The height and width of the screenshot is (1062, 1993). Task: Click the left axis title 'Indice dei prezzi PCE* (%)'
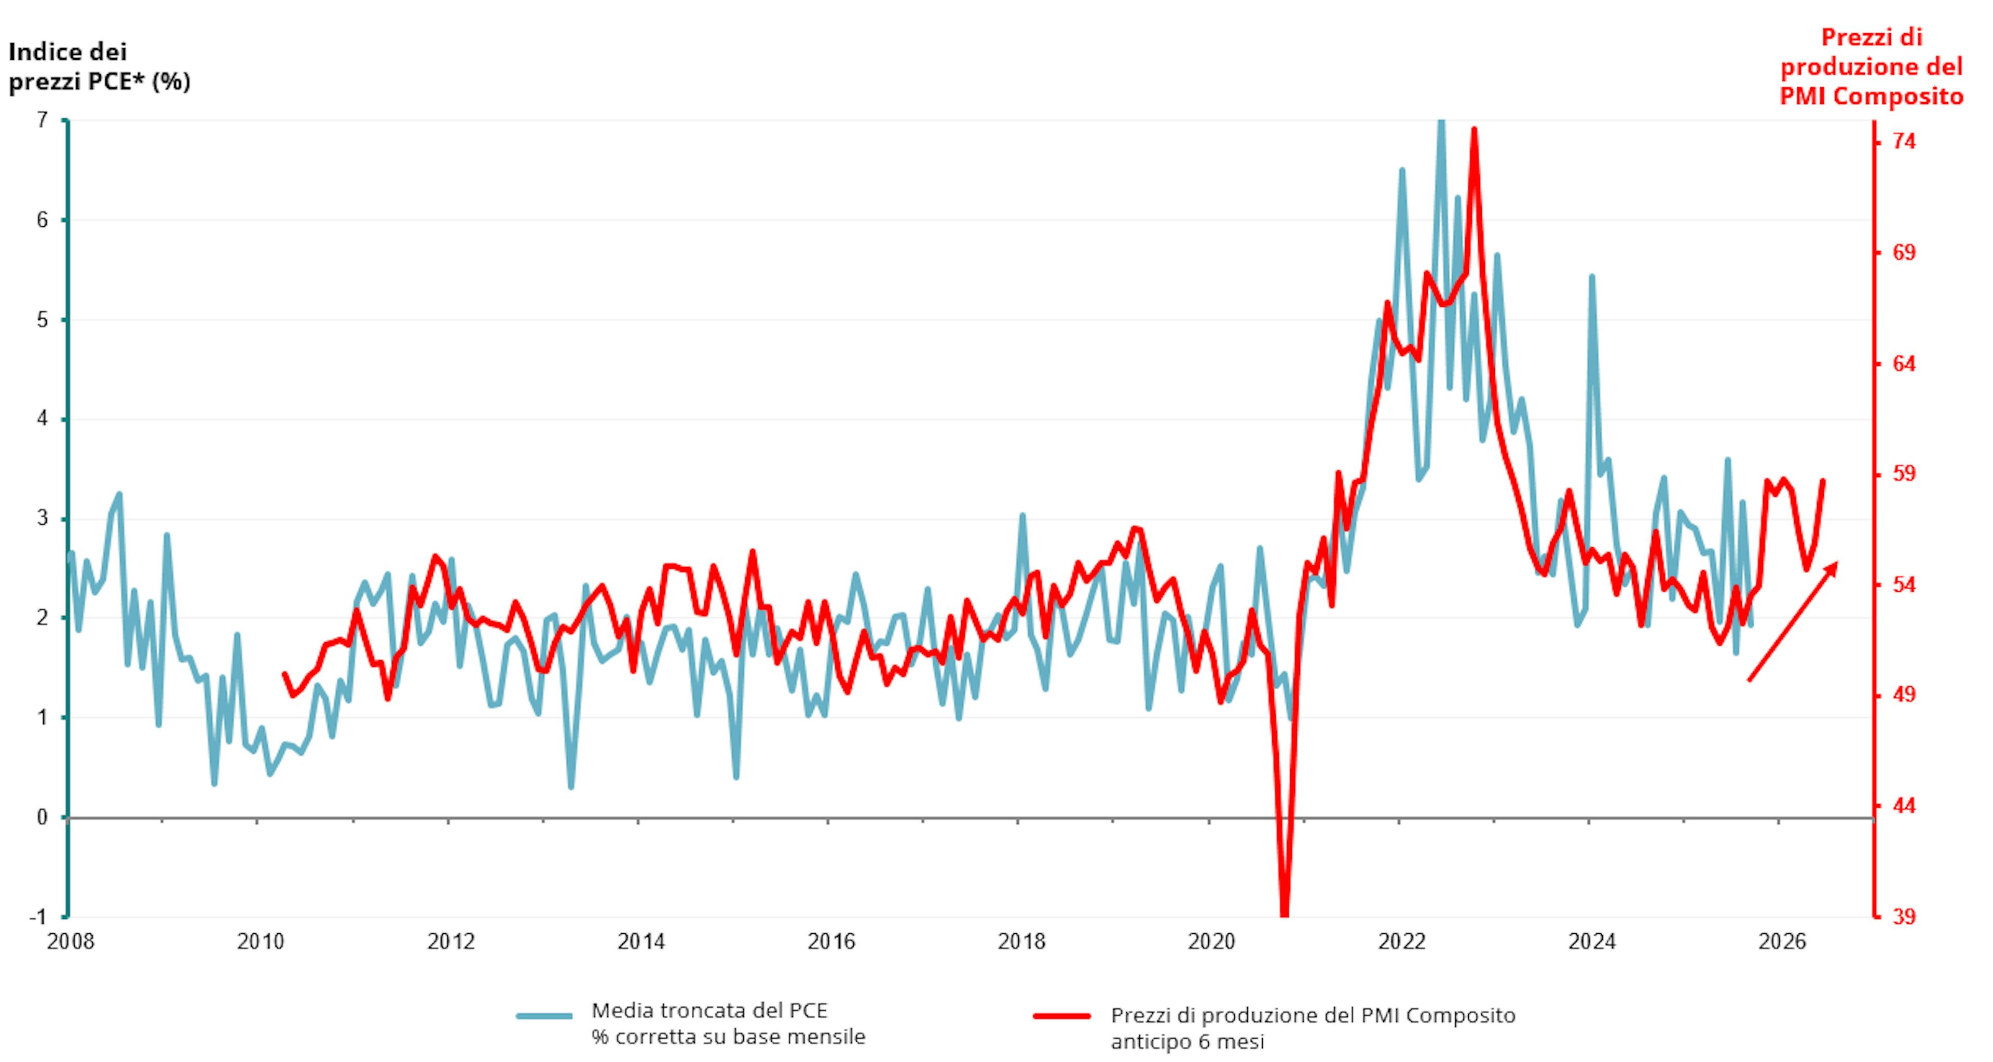click(99, 66)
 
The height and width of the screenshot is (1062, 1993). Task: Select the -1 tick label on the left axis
click(38, 917)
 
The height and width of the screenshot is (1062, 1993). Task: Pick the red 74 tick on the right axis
click(1905, 142)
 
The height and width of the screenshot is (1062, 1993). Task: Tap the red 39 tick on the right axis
click(1905, 917)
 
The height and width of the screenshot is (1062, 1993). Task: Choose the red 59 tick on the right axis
click(1905, 473)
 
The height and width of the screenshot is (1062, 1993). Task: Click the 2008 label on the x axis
click(71, 942)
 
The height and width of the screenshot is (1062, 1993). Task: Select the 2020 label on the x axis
click(1211, 942)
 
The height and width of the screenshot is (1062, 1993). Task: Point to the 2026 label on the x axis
click(1782, 942)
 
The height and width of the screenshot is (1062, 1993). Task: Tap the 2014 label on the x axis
click(641, 942)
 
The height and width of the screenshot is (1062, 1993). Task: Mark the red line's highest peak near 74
click(1475, 130)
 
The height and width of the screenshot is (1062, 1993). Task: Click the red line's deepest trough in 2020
click(1285, 913)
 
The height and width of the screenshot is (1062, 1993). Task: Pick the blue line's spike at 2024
click(1591, 276)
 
